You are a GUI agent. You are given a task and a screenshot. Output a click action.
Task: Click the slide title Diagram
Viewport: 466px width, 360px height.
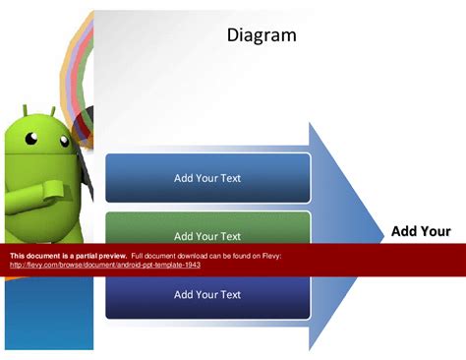pos(262,36)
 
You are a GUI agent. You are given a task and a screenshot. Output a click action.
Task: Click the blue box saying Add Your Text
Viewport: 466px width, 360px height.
pos(207,178)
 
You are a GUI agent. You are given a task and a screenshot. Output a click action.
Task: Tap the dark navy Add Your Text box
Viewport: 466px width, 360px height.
pos(207,294)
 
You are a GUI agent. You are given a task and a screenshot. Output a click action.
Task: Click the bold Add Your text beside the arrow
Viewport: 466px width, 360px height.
pos(421,232)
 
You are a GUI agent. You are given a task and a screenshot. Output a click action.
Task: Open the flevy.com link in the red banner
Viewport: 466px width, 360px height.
pos(105,265)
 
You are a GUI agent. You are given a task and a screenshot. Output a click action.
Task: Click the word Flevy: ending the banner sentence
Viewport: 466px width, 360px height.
pos(269,256)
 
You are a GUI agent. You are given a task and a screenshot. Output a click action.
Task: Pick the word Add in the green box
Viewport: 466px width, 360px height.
pos(184,236)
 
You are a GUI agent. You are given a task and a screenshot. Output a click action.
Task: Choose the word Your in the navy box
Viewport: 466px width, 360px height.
pos(207,294)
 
